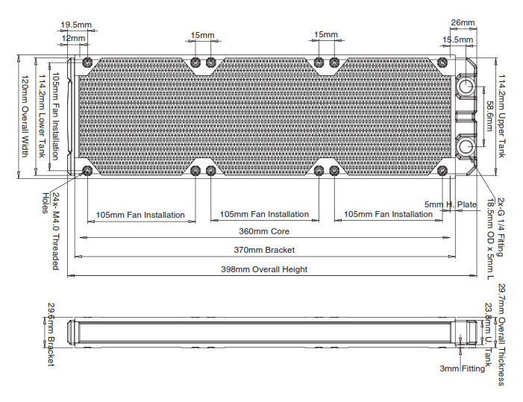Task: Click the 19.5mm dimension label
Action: (75, 25)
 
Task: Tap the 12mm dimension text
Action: (72, 38)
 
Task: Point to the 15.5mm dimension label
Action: (458, 40)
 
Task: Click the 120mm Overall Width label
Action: (24, 116)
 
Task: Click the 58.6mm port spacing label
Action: (489, 116)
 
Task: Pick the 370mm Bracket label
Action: (263, 250)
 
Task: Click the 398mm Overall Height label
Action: (263, 269)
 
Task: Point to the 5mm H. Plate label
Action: (451, 204)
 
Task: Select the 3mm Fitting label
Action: (463, 368)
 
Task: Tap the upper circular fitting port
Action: (466, 85)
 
